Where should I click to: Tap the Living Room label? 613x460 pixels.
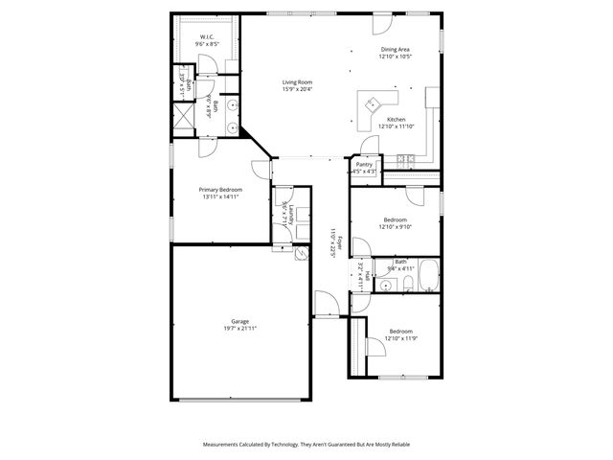[297, 82]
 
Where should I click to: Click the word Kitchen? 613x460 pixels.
[395, 120]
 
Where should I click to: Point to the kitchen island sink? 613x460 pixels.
[371, 103]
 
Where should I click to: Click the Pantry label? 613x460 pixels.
[364, 165]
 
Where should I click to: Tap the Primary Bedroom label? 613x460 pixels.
[220, 190]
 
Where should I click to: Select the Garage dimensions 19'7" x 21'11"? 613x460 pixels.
[239, 328]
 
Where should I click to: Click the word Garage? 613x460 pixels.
[239, 321]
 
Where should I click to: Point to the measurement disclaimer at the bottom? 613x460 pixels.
[306, 444]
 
